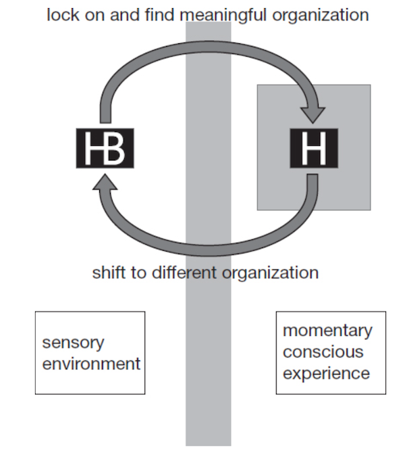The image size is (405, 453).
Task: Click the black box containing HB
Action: [x=105, y=148]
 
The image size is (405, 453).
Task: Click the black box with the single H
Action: [x=314, y=148]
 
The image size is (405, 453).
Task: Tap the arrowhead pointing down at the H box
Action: [x=313, y=115]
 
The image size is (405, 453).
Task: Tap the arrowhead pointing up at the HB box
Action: [x=105, y=182]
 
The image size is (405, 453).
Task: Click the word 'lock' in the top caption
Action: [x=63, y=14]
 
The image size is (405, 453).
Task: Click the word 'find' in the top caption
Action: [x=160, y=14]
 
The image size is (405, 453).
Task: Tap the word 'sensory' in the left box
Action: [x=73, y=343]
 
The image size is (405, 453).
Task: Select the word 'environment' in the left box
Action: [x=91, y=364]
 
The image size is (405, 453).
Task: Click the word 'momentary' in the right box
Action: [x=327, y=331]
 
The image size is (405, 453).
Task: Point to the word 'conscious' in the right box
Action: [x=323, y=352]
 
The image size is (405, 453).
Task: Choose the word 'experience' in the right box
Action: [x=326, y=374]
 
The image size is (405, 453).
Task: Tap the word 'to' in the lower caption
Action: [x=139, y=272]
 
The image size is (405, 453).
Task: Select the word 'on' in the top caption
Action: [x=94, y=16]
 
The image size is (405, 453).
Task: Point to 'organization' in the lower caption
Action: [x=270, y=273]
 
